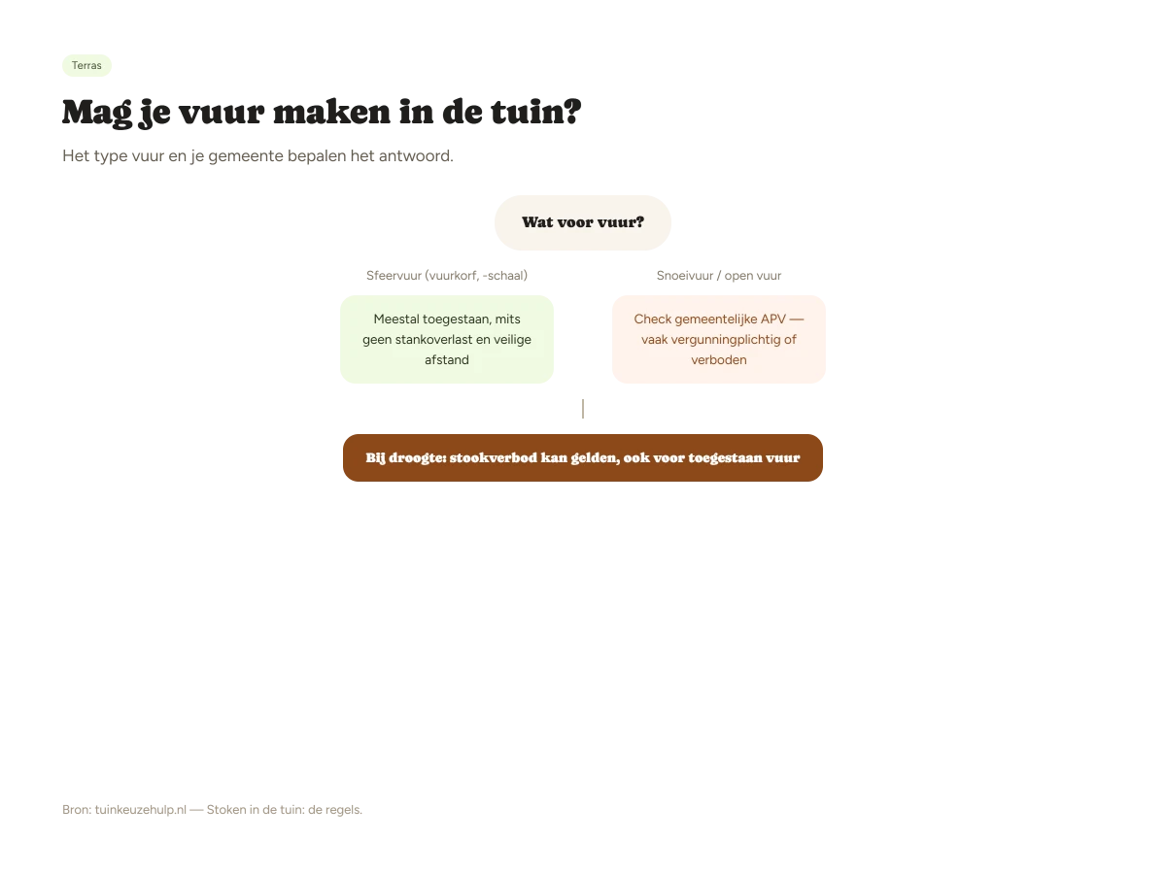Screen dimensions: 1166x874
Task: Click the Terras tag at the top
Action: (x=86, y=65)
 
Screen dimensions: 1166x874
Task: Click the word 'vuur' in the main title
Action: (x=221, y=113)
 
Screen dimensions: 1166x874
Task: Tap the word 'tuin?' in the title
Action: (x=535, y=112)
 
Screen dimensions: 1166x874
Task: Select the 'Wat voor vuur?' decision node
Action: (x=583, y=222)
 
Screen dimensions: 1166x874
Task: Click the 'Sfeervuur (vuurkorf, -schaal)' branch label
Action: (x=447, y=276)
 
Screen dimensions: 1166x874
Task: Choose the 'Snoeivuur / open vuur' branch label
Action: (x=719, y=276)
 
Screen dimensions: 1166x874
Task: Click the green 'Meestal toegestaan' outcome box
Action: (x=447, y=340)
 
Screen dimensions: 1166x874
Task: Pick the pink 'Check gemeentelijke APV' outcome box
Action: (x=719, y=340)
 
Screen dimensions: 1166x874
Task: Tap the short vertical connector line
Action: (x=583, y=409)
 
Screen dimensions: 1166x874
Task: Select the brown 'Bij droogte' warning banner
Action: (x=583, y=458)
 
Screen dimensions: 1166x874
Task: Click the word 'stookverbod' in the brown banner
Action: (x=493, y=457)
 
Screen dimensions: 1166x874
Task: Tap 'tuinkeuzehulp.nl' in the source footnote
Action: (x=141, y=810)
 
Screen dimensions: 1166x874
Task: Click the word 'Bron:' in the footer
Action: (x=77, y=810)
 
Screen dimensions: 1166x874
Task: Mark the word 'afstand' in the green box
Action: (x=447, y=359)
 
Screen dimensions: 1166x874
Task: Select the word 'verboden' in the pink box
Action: (x=719, y=359)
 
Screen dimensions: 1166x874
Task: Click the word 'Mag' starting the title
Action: (x=97, y=113)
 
